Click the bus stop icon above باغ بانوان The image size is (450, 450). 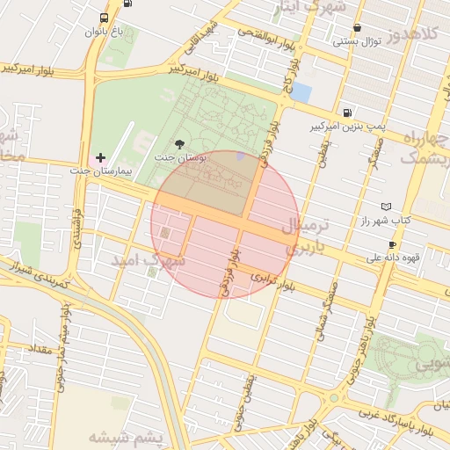tap(105, 18)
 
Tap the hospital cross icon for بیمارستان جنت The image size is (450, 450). tap(100, 157)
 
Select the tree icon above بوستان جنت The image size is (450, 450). tap(181, 143)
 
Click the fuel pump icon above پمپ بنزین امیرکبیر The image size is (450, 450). tap(348, 113)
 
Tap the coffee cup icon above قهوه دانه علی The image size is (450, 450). tap(392, 244)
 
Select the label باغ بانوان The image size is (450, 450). tap(105, 33)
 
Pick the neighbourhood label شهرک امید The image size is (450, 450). tap(149, 261)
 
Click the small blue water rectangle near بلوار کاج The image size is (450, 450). tap(301, 91)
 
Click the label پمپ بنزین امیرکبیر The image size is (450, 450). tap(347, 127)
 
